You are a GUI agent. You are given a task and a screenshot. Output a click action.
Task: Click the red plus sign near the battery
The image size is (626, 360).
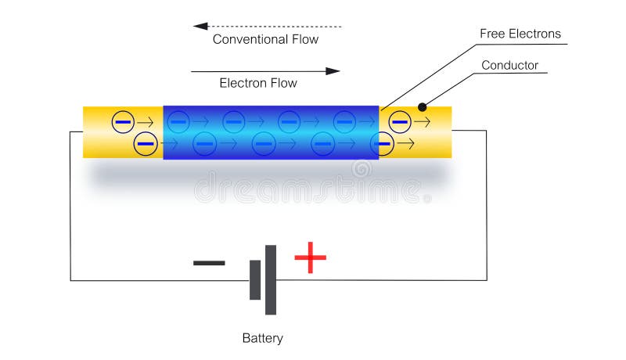pyautogui.click(x=310, y=257)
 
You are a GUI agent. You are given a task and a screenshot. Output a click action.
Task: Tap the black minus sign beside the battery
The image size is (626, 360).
pyautogui.click(x=209, y=263)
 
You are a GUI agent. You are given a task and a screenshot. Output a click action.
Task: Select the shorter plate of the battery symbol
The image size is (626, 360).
pyautogui.click(x=255, y=280)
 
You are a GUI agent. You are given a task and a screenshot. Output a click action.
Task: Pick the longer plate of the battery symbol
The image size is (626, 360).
pyautogui.click(x=271, y=279)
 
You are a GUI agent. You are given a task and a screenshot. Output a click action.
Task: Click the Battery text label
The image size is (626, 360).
pyautogui.click(x=262, y=339)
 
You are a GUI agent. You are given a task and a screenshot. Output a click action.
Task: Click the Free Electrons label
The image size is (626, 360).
pyautogui.click(x=520, y=34)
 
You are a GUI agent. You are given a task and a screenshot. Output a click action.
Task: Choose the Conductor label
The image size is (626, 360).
pyautogui.click(x=509, y=65)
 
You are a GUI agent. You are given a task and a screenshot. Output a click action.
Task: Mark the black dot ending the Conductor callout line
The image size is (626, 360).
pyautogui.click(x=423, y=106)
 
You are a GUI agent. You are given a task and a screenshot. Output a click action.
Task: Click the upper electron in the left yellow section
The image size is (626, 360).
pyautogui.click(x=123, y=121)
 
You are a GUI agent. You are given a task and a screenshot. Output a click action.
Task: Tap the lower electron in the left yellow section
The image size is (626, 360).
pyautogui.click(x=145, y=143)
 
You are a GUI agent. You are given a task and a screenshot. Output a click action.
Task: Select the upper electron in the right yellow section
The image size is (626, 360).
pyautogui.click(x=400, y=121)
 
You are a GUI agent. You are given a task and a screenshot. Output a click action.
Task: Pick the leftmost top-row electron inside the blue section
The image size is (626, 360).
pyautogui.click(x=178, y=121)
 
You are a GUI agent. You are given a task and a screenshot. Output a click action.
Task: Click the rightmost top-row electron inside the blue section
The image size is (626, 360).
pyautogui.click(x=344, y=121)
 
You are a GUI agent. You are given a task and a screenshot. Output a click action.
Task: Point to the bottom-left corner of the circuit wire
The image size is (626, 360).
pyautogui.click(x=70, y=280)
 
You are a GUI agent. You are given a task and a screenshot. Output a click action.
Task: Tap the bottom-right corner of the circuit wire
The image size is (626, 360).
pyautogui.click(x=486, y=280)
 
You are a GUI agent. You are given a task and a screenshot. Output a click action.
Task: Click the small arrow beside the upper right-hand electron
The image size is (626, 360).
pyautogui.click(x=423, y=121)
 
